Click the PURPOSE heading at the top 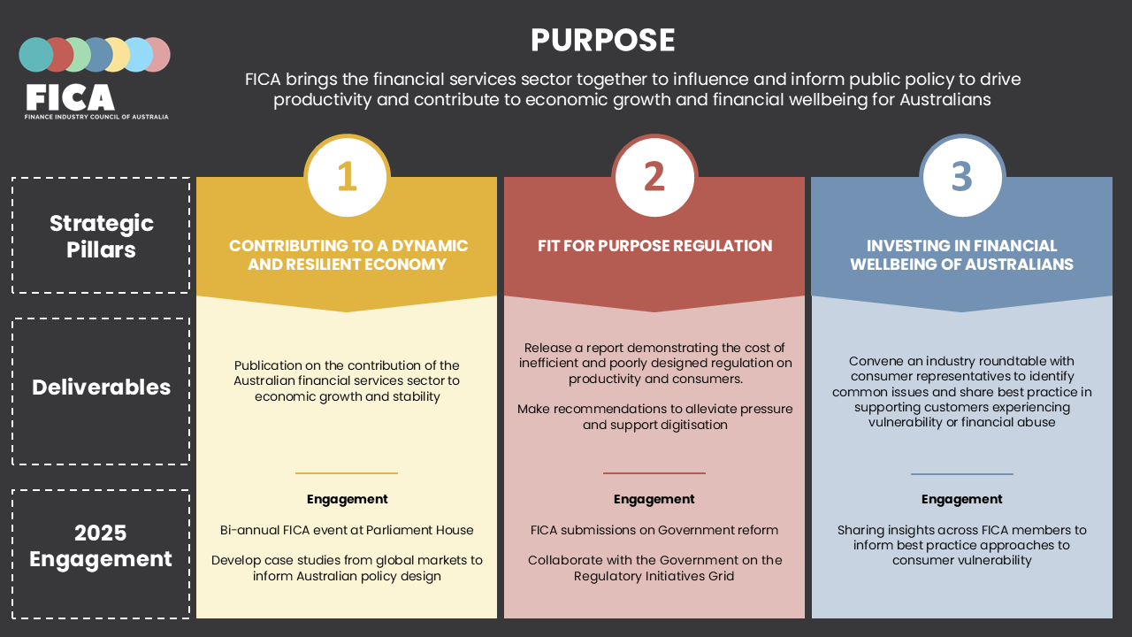(602, 41)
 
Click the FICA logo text (71, 97)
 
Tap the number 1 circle (347, 177)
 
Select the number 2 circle (654, 177)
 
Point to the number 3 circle (961, 177)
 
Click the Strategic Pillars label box (101, 235)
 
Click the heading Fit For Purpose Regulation (654, 246)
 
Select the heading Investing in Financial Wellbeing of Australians (961, 255)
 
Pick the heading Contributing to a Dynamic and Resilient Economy (348, 255)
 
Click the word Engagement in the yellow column (348, 499)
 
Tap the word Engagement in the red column (654, 499)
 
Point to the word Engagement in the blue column (961, 499)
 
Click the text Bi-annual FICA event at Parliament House (347, 530)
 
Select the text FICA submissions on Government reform (654, 530)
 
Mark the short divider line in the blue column (961, 474)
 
